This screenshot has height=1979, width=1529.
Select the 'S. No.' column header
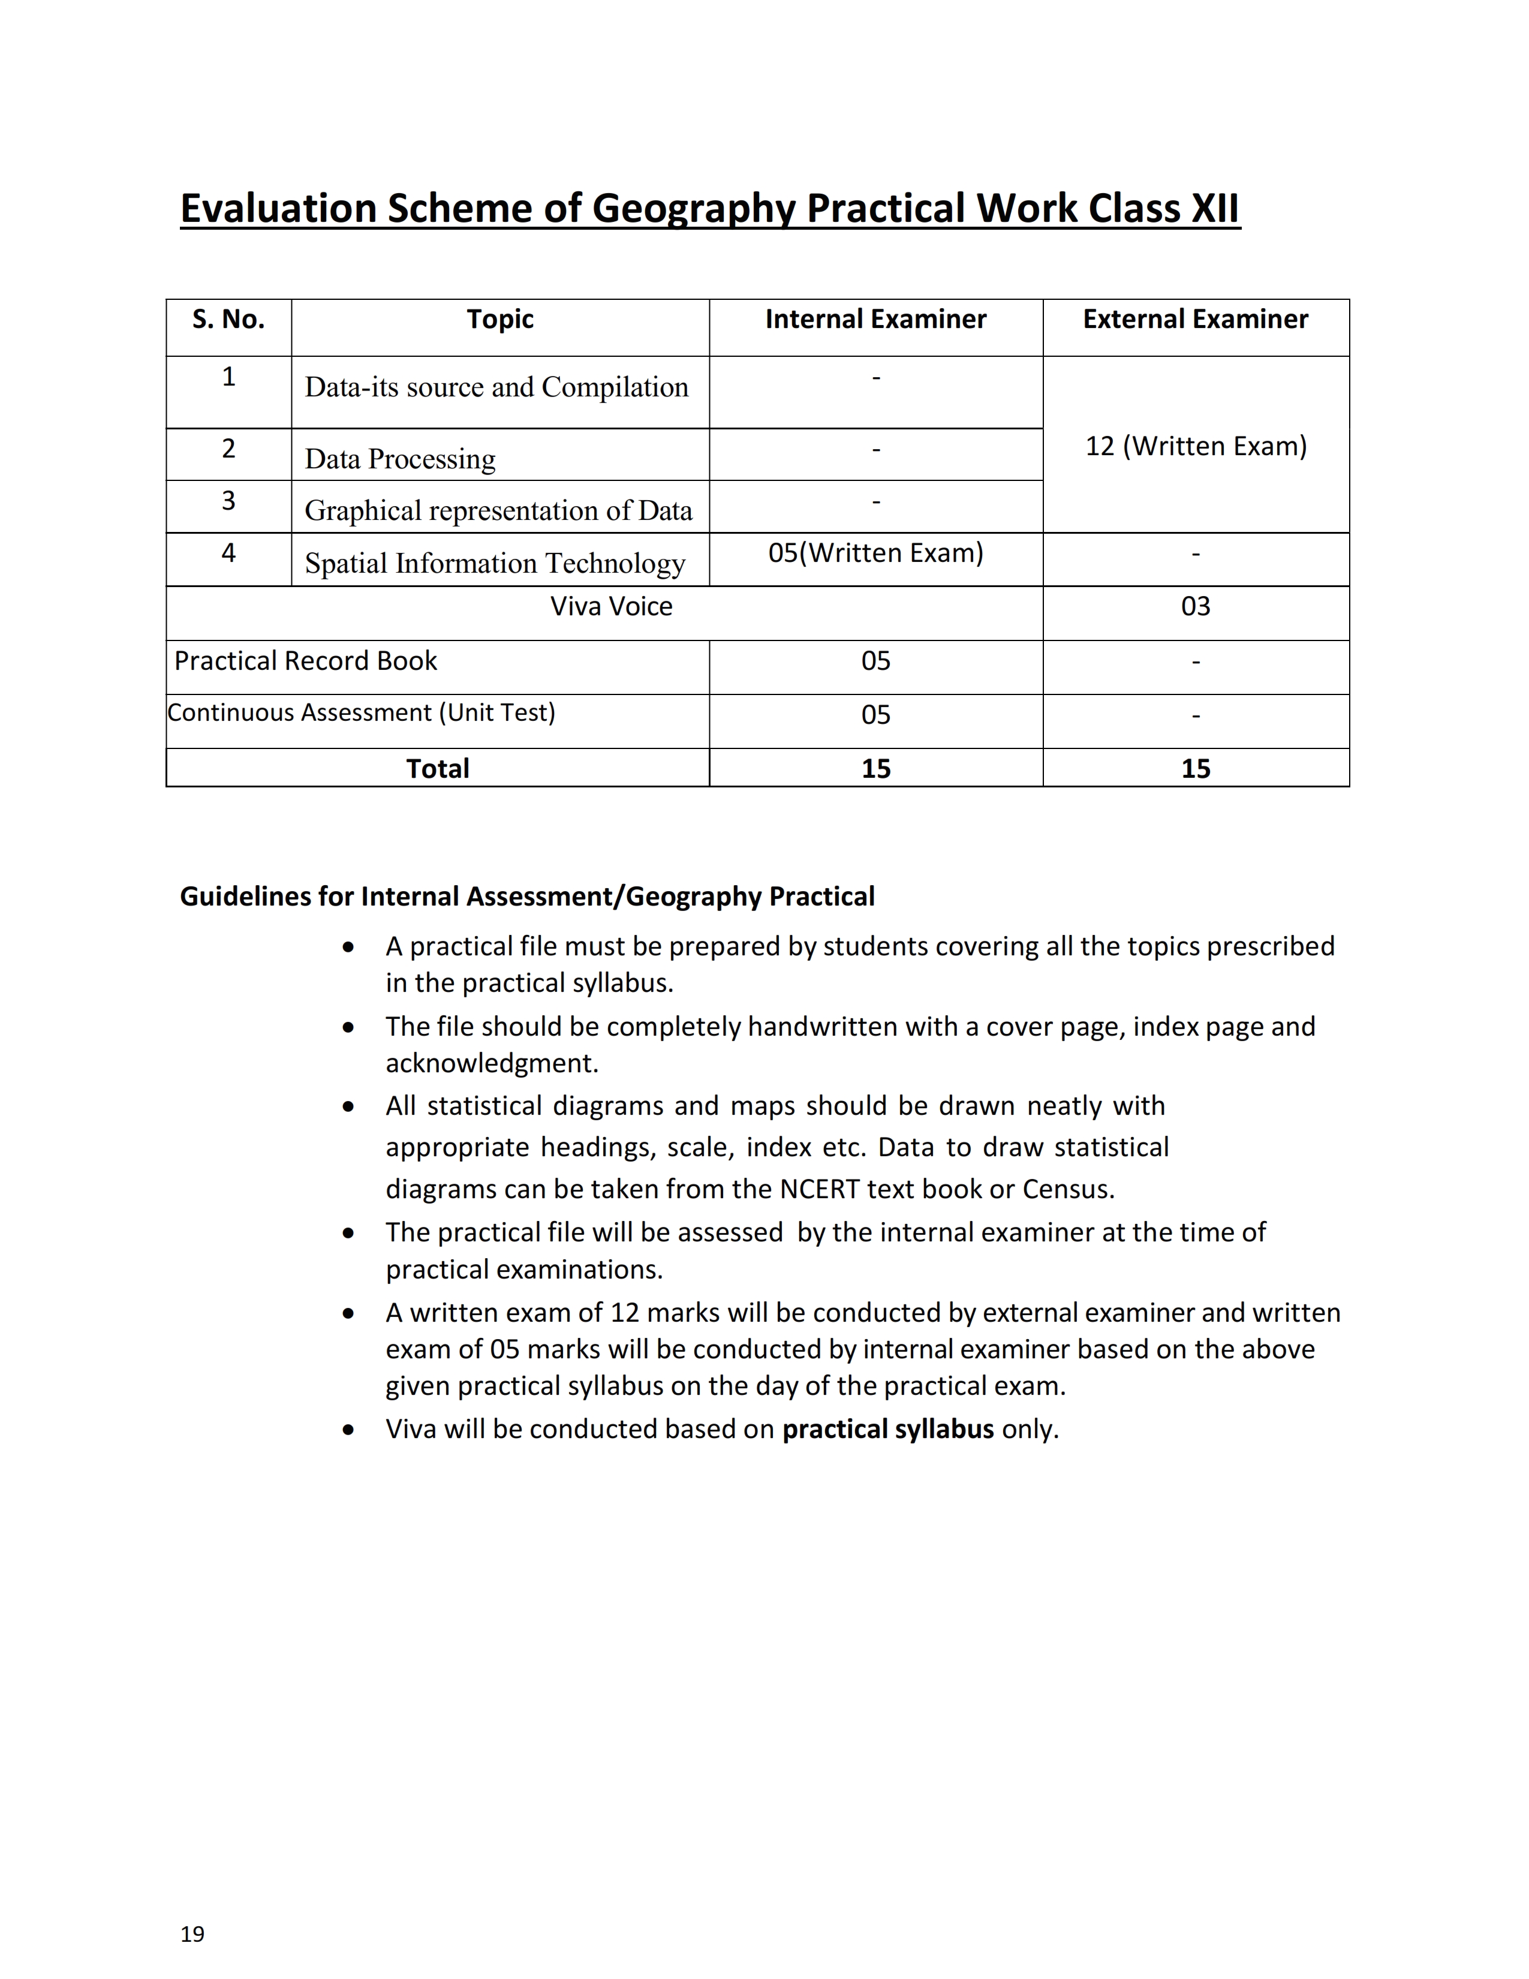[228, 319]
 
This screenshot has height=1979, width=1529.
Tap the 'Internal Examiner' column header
[875, 319]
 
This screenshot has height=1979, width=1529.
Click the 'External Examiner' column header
[1195, 319]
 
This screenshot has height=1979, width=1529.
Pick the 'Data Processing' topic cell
[401, 459]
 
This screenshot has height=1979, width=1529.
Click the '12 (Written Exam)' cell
[1196, 446]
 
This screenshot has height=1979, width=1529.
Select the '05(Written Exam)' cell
[875, 553]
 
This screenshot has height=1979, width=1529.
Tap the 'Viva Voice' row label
[612, 606]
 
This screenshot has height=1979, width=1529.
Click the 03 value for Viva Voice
[1196, 606]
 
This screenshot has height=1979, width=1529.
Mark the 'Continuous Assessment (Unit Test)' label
[362, 712]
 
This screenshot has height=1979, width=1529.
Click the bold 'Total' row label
[438, 768]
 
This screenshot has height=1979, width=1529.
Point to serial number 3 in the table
[228, 500]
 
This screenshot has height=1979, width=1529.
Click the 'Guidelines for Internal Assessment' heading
[526, 896]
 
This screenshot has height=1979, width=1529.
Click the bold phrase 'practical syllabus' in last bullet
[887, 1429]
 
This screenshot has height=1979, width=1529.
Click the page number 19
[192, 1933]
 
